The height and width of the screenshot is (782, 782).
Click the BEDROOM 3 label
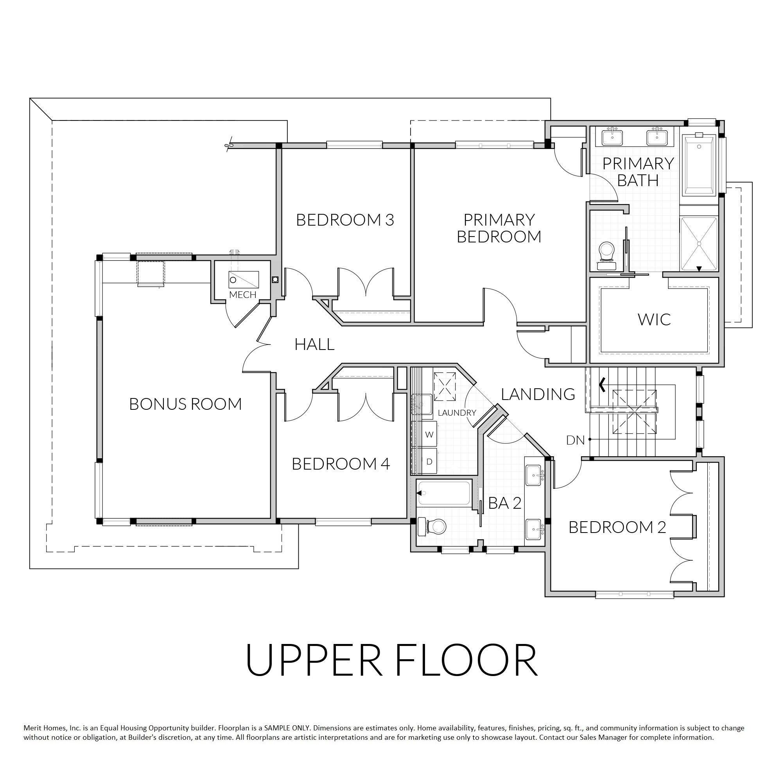coord(345,220)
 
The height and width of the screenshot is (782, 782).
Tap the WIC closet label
coord(654,319)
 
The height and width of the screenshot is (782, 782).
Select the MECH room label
coord(243,295)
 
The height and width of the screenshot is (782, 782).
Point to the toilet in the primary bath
coord(606,256)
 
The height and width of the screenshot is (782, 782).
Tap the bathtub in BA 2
coord(445,493)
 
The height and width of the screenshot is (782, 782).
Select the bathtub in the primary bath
coord(700,165)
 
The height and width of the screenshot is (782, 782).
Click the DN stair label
coord(576,440)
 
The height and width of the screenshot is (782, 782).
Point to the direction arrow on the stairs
coord(603,385)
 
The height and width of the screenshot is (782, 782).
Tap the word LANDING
coord(538,394)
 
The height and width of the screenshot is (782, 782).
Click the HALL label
coord(314,344)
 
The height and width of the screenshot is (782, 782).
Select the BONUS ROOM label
coord(185,404)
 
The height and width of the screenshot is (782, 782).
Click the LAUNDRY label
coord(457,413)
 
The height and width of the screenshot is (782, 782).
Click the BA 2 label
coord(505,503)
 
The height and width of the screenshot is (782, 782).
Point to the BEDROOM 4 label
coord(341,464)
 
